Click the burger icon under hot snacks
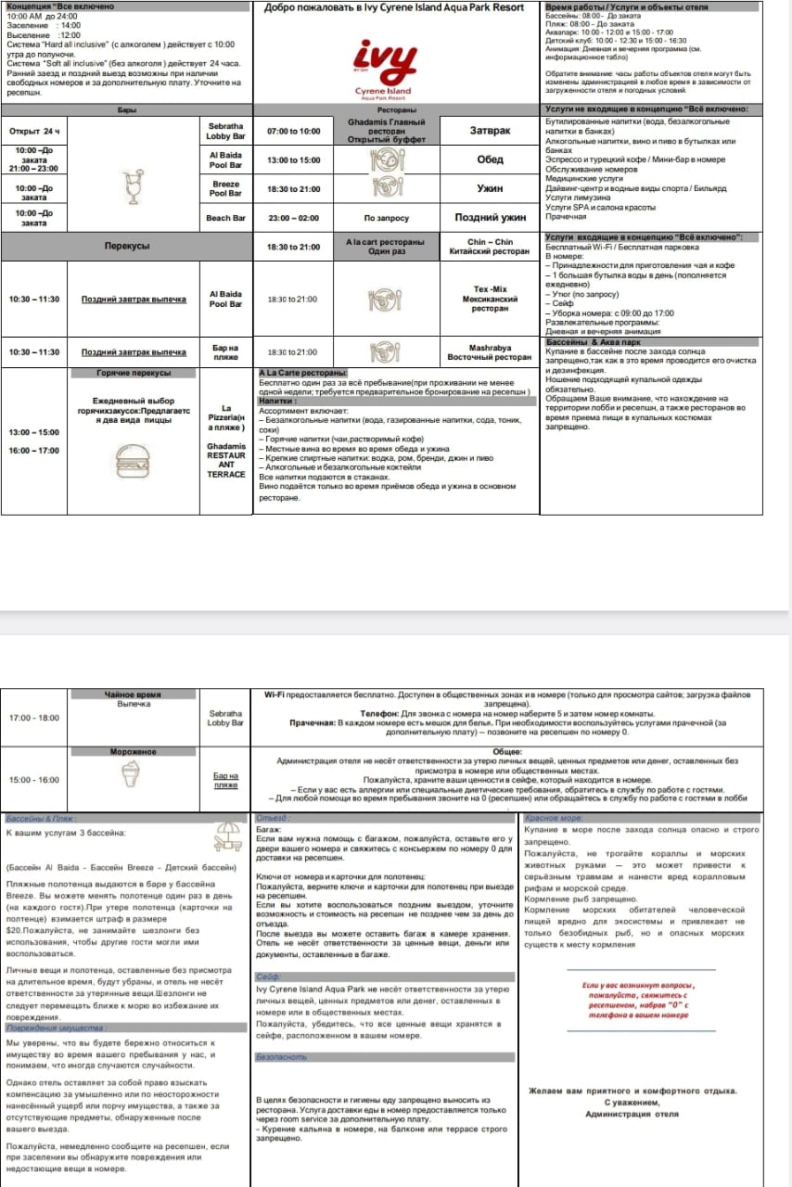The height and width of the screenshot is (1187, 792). tap(134, 459)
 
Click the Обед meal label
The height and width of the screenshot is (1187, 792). tap(490, 160)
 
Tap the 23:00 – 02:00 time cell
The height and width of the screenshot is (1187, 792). tap(293, 218)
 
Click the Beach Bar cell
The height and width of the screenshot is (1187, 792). tap(225, 219)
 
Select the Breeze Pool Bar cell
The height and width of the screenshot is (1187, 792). tap(225, 188)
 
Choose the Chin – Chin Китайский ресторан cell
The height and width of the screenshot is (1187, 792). tap(490, 247)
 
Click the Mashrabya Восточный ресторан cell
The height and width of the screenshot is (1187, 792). tap(490, 352)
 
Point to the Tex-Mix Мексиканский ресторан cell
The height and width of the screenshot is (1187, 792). tap(490, 299)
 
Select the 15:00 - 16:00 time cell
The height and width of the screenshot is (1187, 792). tap(33, 780)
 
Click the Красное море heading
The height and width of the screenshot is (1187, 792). tap(555, 819)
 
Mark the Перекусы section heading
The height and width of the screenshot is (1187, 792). tap(126, 246)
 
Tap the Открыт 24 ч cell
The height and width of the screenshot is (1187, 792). tap(34, 131)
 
